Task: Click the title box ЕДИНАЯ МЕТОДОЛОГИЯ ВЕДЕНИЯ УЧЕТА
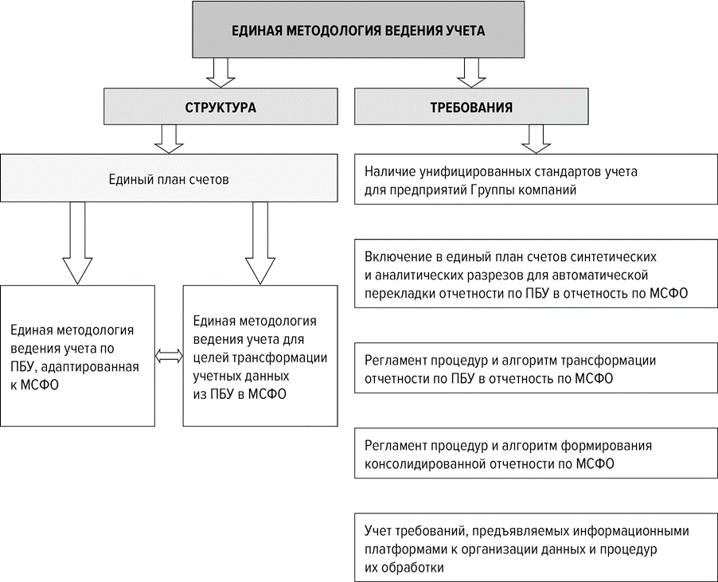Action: [357, 30]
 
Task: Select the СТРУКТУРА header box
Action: [220, 107]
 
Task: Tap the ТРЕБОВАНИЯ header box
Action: [471, 107]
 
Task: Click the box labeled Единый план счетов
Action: [169, 179]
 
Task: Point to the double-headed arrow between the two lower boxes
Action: [168, 357]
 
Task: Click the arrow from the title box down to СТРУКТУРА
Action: [220, 72]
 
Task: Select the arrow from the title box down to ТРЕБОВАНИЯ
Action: [471, 72]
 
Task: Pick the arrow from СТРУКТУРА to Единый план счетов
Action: [169, 138]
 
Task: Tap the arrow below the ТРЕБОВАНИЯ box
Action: [536, 138]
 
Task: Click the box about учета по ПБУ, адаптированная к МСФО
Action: [77, 356]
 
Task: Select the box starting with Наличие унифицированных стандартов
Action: [536, 180]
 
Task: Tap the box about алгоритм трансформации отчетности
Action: [536, 369]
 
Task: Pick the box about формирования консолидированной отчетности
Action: [536, 455]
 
